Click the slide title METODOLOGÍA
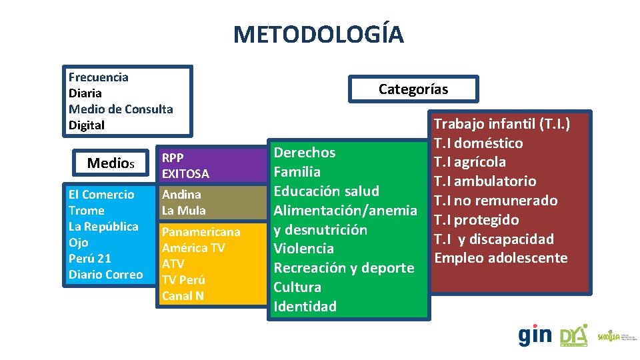pos(318,34)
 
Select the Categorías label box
pos(413,89)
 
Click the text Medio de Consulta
pos(121,109)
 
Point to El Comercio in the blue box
pos(101,195)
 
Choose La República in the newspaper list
pos(103,227)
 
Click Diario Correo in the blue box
pos(105,275)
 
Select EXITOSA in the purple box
pos(185,174)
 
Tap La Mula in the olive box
pos(183,211)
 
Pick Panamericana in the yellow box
pos(201,232)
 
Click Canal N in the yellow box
pos(183,296)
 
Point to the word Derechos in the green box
pos(305,153)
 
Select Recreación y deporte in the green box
pos(344,268)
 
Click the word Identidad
pos(305,307)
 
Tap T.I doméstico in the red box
pos(478,143)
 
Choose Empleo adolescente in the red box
pos(501,258)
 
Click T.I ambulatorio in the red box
pos(485,181)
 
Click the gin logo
pos(535,335)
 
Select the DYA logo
pos(573,335)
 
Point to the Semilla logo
pos(613,337)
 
